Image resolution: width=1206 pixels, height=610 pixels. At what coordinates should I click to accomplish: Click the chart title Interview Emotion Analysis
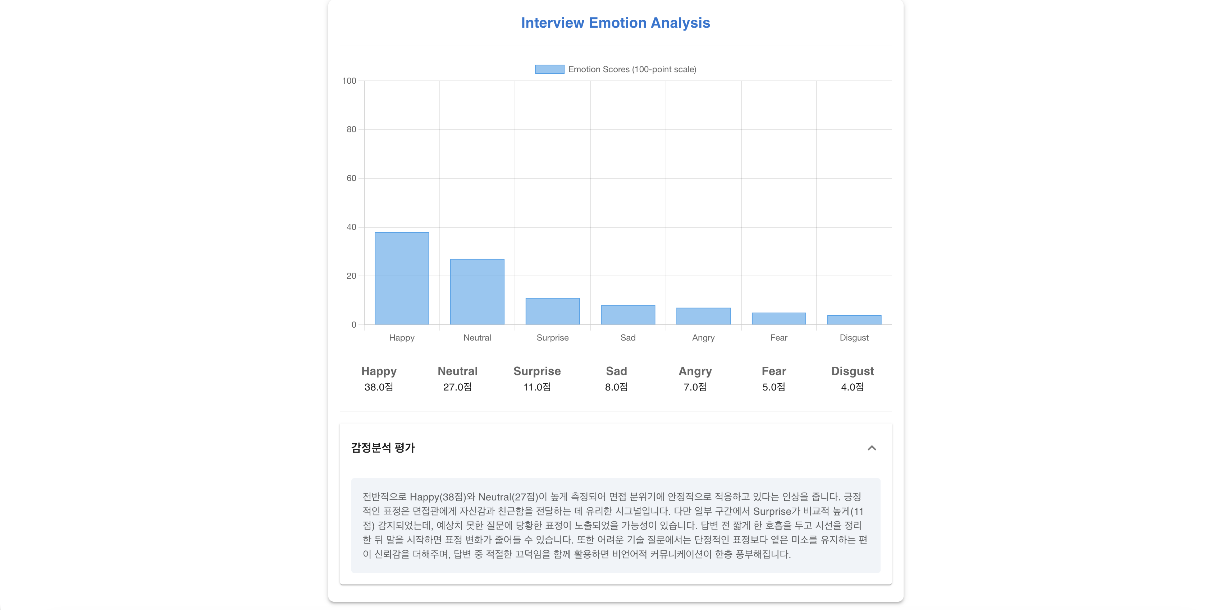click(616, 23)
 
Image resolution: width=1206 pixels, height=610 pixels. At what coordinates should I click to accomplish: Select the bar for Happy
click(402, 278)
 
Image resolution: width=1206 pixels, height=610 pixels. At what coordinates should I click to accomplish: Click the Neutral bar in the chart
click(477, 292)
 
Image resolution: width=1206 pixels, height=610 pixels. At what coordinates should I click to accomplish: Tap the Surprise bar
click(552, 311)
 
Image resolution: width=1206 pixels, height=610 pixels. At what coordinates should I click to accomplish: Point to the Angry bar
click(703, 316)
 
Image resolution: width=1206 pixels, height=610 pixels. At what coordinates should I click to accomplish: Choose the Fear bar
click(778, 319)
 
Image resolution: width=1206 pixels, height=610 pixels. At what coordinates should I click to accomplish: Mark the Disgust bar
click(854, 320)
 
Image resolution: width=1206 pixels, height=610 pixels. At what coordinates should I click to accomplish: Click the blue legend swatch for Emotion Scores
click(550, 69)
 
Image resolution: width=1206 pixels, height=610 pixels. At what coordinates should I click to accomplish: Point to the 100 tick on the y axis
click(349, 81)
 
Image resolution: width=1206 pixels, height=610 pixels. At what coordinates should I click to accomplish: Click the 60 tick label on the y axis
click(351, 178)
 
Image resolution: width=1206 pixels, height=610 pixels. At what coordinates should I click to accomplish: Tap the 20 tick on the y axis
click(351, 276)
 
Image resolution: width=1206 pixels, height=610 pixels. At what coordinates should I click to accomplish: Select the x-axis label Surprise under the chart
click(552, 338)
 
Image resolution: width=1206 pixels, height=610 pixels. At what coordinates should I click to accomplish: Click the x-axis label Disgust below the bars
click(854, 338)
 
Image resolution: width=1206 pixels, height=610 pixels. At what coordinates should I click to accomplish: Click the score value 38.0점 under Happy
click(379, 387)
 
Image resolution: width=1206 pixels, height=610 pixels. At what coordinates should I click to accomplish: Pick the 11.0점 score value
click(537, 387)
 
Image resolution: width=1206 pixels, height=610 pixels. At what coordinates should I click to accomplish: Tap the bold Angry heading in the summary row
click(695, 371)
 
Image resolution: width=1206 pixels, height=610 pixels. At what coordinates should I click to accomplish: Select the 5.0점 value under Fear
click(773, 387)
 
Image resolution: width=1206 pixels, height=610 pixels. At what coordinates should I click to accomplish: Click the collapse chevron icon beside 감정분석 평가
click(872, 448)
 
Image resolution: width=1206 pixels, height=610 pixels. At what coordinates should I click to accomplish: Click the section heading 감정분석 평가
click(383, 448)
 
